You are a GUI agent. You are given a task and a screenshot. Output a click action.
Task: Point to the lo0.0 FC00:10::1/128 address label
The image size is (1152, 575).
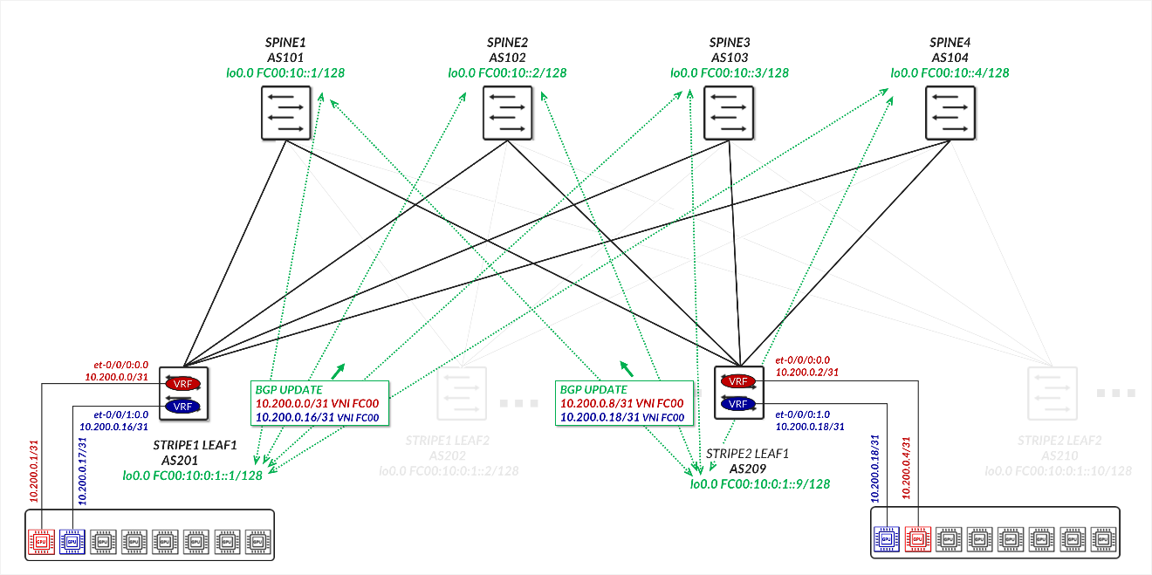tap(285, 73)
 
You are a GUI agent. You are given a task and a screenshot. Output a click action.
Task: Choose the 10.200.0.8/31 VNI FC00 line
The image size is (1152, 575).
tap(621, 404)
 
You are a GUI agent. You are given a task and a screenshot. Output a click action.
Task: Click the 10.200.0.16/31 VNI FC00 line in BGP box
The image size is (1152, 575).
tap(317, 418)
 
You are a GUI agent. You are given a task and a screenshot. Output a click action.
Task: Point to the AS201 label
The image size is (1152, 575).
tap(181, 460)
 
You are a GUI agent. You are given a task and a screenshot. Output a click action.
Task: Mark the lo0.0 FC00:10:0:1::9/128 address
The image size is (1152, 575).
tap(759, 483)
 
